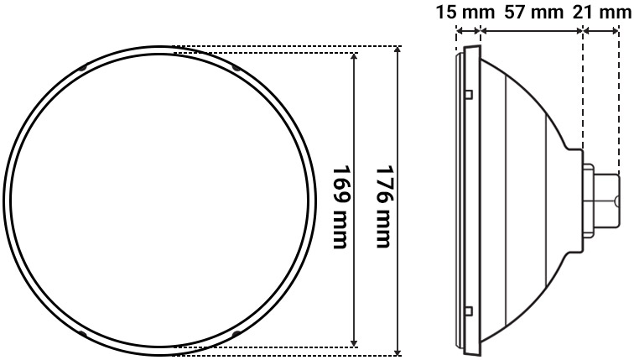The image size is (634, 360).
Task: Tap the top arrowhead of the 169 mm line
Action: [356, 58]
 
